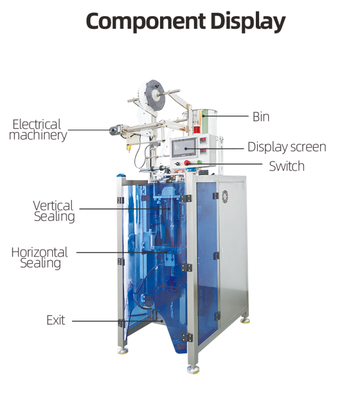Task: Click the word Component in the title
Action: coord(146,21)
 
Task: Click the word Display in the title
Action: coord(248,22)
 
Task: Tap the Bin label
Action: coord(261,117)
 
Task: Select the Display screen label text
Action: coord(287,147)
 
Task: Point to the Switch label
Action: coord(286,166)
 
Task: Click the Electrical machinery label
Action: coord(38,130)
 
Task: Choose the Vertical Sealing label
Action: coord(54,211)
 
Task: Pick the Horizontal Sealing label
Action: coord(39,258)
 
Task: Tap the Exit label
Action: coord(56,320)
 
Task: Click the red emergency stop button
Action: coord(187,163)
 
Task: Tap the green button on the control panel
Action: coord(199,162)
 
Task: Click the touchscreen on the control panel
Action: coord(184,148)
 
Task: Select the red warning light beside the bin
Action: coord(197,128)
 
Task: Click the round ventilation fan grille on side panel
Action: coord(225,197)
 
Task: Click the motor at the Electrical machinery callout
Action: coord(115,130)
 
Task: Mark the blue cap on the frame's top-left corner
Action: coord(121,175)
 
